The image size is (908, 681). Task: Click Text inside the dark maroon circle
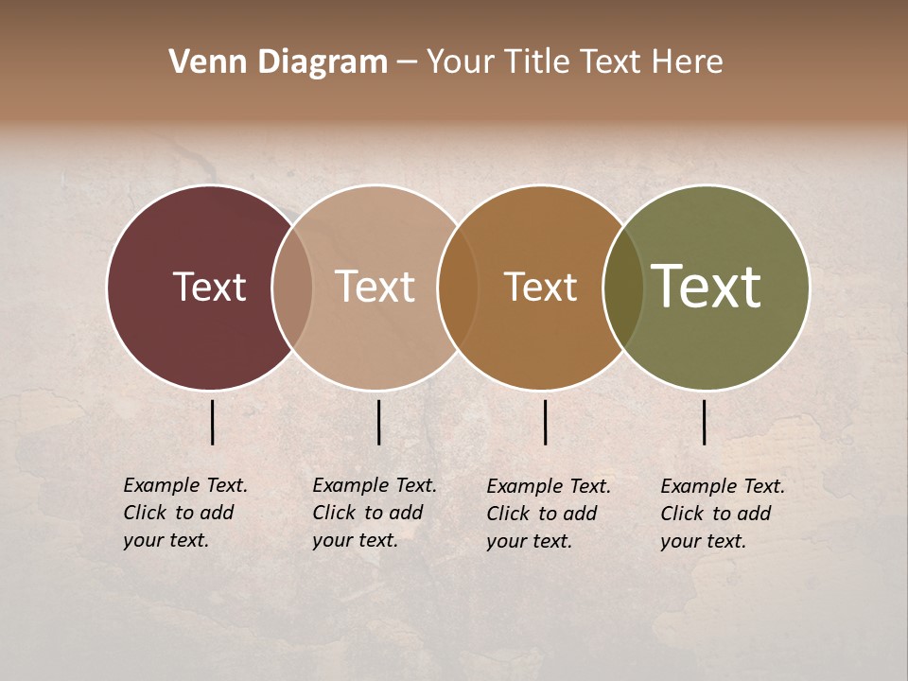point(209,287)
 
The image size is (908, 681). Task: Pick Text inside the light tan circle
point(375,287)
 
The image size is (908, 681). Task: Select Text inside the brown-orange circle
point(540,287)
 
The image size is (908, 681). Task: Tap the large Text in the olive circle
point(706,287)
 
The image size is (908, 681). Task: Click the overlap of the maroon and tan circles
point(292,288)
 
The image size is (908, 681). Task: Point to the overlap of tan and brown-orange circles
point(458,288)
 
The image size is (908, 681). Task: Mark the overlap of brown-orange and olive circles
point(622,288)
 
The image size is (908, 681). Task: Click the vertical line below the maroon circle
point(213,422)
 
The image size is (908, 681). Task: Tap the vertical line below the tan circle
point(378,422)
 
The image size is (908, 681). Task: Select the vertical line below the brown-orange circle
point(546,422)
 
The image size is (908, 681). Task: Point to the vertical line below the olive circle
point(705,422)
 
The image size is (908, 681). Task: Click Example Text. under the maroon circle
point(185,485)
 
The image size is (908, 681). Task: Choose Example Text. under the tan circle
point(375,485)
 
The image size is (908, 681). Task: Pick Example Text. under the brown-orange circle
point(549,486)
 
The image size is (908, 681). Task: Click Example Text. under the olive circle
point(723,486)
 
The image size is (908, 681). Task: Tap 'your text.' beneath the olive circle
point(703,541)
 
